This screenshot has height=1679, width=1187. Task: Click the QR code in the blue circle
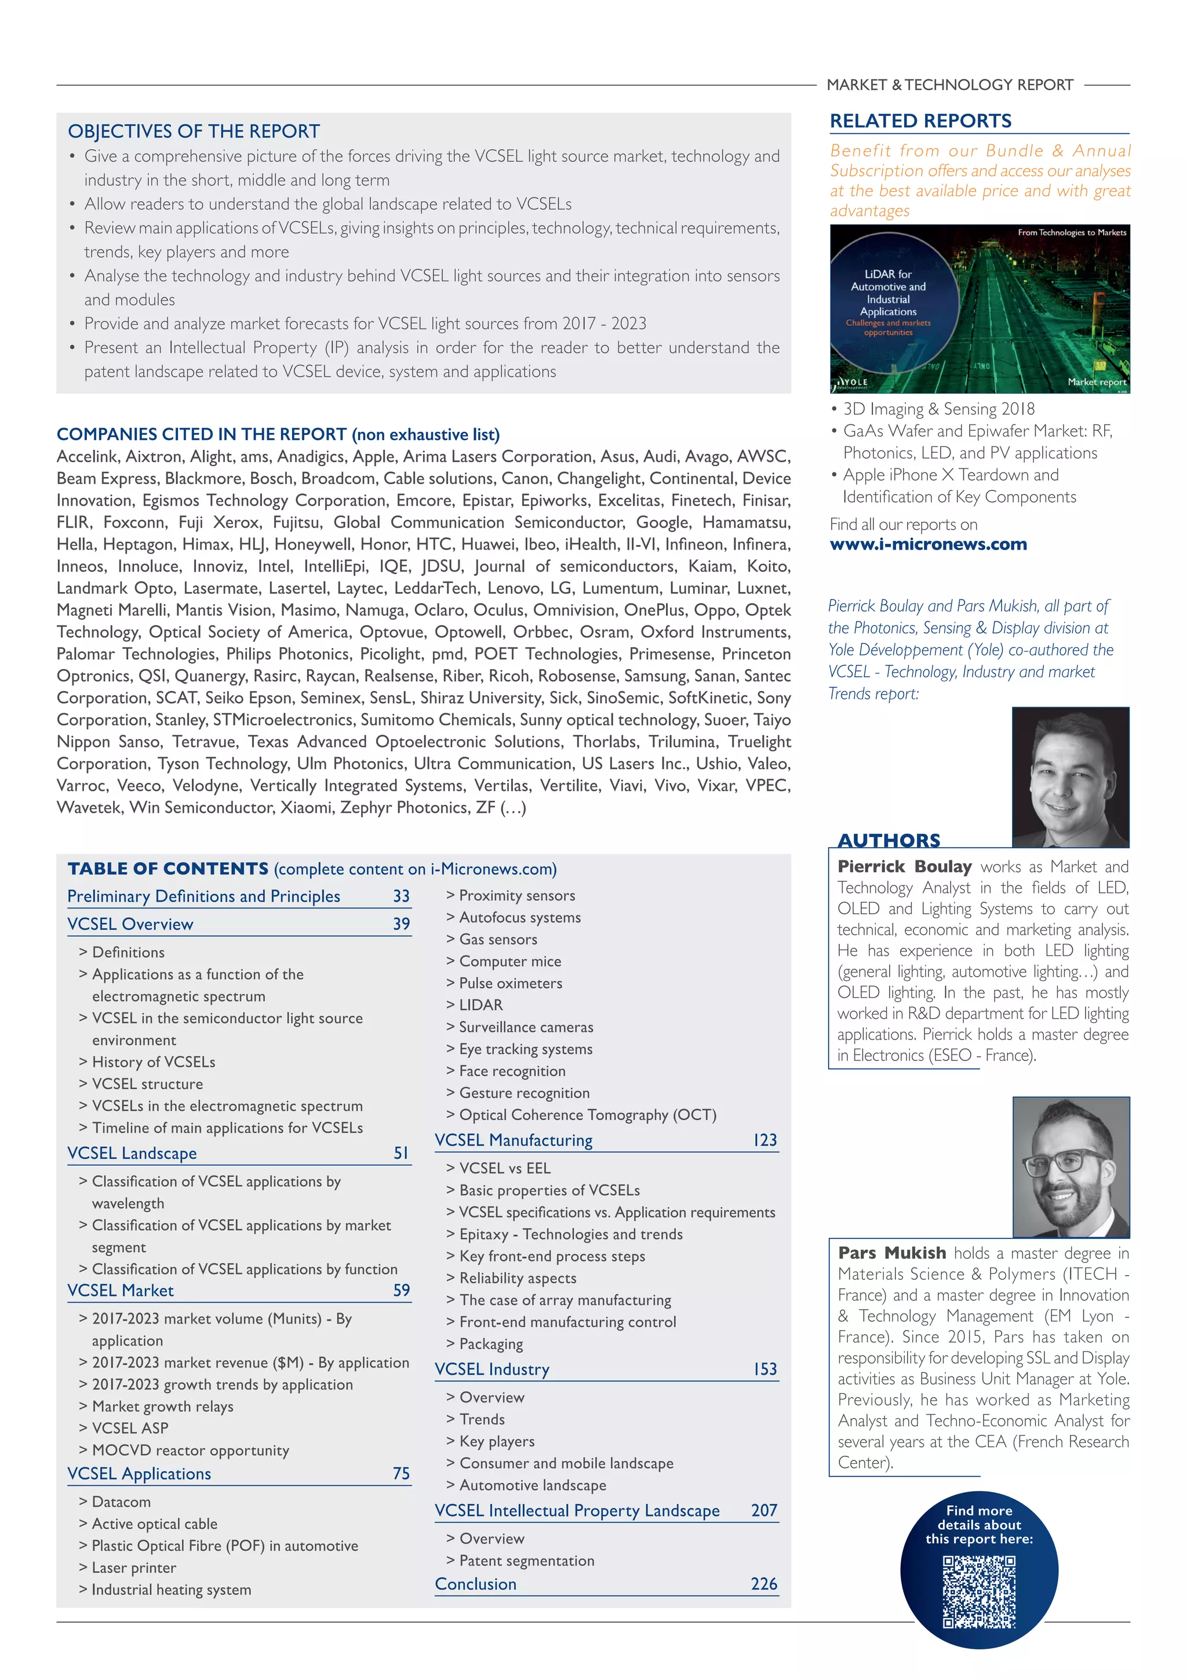click(979, 1592)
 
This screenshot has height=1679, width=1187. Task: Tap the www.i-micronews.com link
click(929, 544)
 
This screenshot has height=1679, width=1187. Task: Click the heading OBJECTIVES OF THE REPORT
click(194, 132)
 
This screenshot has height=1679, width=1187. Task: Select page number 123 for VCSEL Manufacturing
click(764, 1140)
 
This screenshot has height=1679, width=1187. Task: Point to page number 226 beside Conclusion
click(764, 1584)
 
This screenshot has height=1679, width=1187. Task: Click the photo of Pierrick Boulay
click(1070, 777)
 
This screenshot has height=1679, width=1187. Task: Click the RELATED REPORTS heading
click(920, 121)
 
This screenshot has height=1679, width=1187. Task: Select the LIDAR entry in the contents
click(480, 1005)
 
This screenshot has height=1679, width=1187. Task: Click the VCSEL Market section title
click(121, 1291)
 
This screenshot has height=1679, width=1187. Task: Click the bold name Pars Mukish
click(892, 1253)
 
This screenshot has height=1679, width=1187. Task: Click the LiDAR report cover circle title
click(888, 293)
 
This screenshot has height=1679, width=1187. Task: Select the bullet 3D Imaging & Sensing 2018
click(938, 409)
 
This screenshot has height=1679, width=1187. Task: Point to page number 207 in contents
click(764, 1510)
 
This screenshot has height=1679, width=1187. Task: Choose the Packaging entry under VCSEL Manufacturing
click(490, 1344)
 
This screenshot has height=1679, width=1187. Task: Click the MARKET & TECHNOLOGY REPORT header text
click(949, 85)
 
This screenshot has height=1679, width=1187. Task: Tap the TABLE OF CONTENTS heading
click(168, 868)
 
